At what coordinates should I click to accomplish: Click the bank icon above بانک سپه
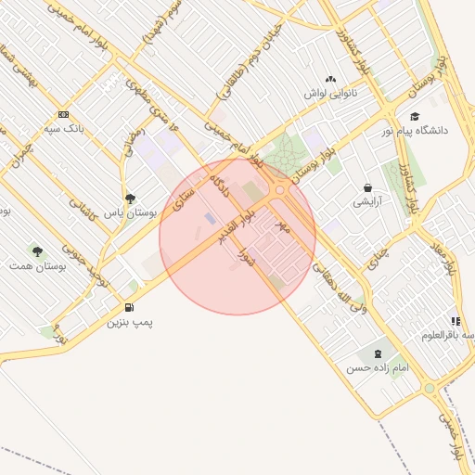[x=63, y=114]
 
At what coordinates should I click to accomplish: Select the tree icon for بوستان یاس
[x=130, y=199]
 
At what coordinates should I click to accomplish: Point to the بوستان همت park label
[x=37, y=266]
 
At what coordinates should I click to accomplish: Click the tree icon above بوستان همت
[x=37, y=251]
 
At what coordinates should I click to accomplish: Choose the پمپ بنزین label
[x=129, y=322]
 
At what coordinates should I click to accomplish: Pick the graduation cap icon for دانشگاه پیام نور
[x=415, y=116]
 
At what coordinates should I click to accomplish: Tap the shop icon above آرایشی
[x=367, y=187]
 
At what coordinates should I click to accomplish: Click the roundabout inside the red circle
[x=279, y=190]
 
